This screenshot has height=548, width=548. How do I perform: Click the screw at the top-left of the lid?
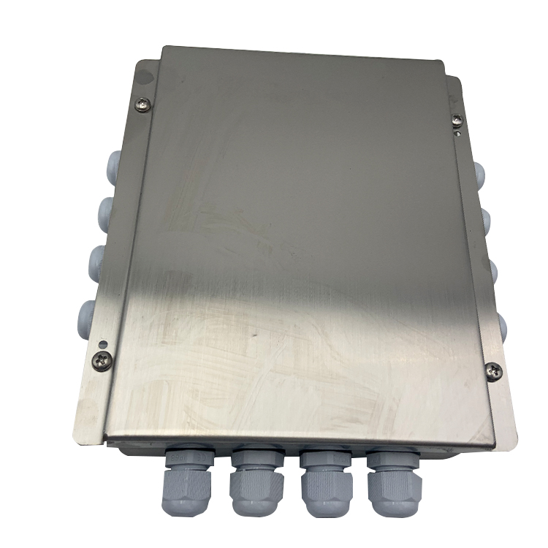point(144,105)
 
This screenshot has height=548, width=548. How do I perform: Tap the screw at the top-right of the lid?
point(457,118)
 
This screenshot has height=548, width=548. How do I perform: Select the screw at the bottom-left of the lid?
point(103,359)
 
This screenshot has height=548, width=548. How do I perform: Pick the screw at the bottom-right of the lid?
point(494,370)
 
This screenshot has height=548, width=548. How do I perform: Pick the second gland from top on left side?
point(109,211)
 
